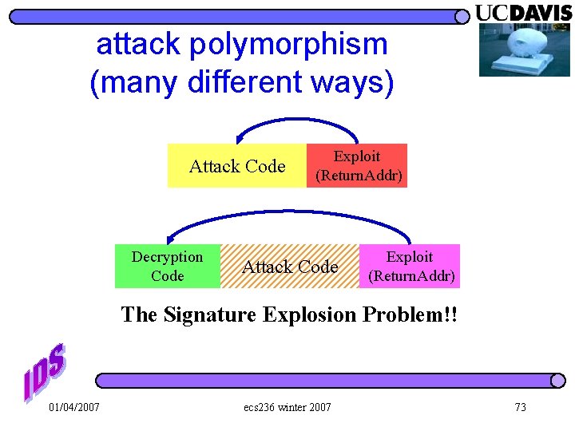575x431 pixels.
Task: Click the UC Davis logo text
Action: pyautogui.click(x=523, y=13)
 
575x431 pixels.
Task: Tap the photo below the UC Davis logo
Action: pyautogui.click(x=524, y=50)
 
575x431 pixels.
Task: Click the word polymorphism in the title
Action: pyautogui.click(x=288, y=45)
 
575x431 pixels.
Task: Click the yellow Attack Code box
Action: pyautogui.click(x=237, y=166)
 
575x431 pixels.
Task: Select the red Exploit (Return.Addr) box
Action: pyautogui.click(x=357, y=166)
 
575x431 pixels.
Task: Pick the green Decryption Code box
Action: pyautogui.click(x=168, y=267)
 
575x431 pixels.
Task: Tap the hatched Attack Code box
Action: pyautogui.click(x=290, y=267)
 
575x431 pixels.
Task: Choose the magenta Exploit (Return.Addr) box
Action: pyautogui.click(x=410, y=267)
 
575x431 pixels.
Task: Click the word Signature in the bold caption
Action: pyautogui.click(x=202, y=314)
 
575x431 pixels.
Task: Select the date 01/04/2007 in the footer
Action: pyautogui.click(x=74, y=408)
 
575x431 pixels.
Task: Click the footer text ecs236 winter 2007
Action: pyautogui.click(x=287, y=408)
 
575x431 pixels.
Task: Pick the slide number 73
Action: pyautogui.click(x=521, y=408)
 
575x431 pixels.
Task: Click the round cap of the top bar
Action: pyautogui.click(x=462, y=17)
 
